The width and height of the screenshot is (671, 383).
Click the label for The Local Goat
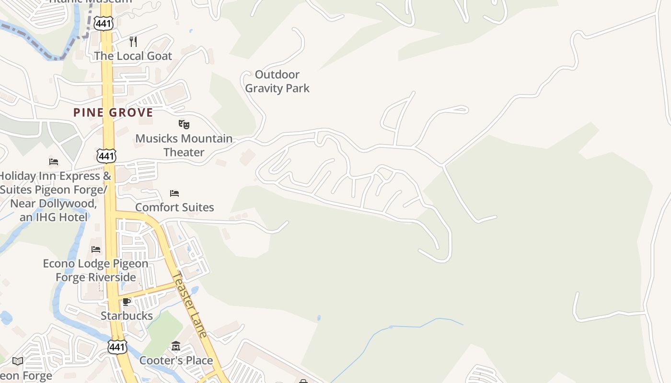click(133, 56)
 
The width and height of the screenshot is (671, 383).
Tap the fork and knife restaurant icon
click(133, 42)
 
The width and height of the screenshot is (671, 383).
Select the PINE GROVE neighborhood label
click(113, 113)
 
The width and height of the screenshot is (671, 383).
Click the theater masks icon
click(184, 124)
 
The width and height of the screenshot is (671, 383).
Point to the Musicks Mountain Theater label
click(184, 145)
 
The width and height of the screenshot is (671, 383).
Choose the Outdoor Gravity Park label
click(277, 81)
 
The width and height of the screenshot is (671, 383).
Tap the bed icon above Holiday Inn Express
click(54, 162)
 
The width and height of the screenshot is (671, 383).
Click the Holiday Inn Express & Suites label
click(54, 196)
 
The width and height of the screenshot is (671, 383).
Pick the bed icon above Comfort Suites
click(174, 193)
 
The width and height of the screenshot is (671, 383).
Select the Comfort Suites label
click(174, 207)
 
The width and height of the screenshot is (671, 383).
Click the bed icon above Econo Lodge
click(96, 249)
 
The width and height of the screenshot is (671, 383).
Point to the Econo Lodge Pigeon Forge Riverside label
click(96, 270)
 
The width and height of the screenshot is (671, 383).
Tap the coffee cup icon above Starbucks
click(126, 302)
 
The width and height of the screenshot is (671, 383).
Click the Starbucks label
click(127, 316)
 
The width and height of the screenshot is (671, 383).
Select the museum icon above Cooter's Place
click(176, 346)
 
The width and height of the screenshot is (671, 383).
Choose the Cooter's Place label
click(176, 360)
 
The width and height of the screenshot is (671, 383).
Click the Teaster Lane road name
click(190, 304)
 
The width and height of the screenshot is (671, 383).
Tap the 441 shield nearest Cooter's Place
click(117, 347)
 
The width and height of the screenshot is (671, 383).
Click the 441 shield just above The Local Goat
click(104, 23)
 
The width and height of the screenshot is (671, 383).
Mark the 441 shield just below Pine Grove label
click(106, 155)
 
